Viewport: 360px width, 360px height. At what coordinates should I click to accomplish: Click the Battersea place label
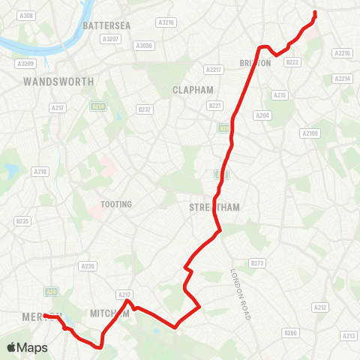click(x=106, y=25)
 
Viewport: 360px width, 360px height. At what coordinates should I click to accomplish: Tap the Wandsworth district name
click(x=58, y=81)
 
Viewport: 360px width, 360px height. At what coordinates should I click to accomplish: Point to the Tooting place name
click(x=116, y=205)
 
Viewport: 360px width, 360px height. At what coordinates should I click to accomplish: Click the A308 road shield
click(x=27, y=16)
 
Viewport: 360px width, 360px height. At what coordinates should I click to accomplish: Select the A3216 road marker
click(x=166, y=22)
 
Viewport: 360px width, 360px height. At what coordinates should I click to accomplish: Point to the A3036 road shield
click(x=142, y=46)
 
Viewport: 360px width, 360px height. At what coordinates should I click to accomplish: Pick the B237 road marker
click(x=145, y=109)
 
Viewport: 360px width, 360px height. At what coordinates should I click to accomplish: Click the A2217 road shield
click(x=214, y=70)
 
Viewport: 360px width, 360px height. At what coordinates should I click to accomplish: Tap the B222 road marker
click(x=292, y=62)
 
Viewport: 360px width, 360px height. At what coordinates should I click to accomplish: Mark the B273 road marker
click(x=257, y=262)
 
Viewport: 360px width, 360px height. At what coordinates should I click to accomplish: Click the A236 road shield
click(x=88, y=265)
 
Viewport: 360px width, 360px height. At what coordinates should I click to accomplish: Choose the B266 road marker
click(x=289, y=332)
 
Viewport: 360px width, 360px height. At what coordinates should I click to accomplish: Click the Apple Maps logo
click(x=27, y=347)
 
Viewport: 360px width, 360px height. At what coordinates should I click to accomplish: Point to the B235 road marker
click(x=23, y=221)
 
